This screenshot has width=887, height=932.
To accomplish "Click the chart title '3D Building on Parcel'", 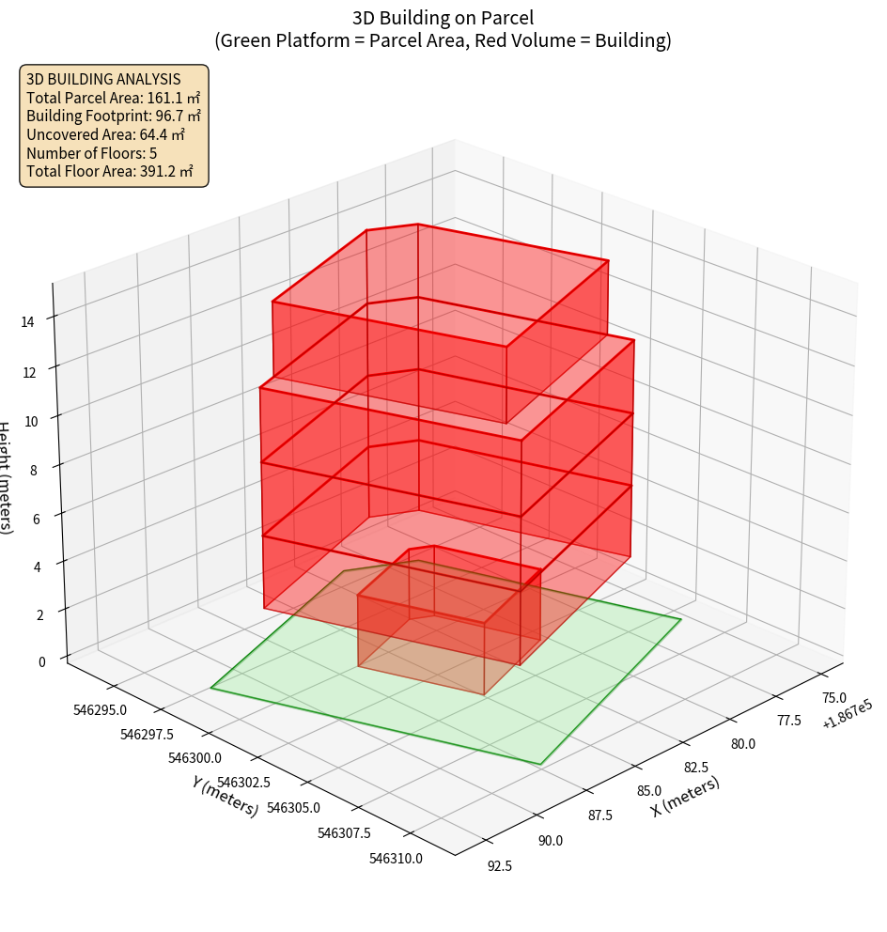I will [443, 18].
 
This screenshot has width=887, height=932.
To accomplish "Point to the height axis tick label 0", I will [40, 661].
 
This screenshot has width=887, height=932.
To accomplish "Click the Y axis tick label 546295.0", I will [99, 709].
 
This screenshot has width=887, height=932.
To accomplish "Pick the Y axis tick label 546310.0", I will [396, 858].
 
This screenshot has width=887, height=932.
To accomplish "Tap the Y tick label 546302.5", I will [243, 783].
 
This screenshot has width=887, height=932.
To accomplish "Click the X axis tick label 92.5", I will [500, 866].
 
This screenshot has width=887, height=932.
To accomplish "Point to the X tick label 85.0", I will [649, 792].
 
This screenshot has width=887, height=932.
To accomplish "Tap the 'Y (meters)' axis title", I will [225, 796].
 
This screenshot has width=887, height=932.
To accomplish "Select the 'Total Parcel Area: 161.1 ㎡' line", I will [114, 98].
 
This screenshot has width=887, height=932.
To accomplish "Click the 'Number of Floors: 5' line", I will [92, 153].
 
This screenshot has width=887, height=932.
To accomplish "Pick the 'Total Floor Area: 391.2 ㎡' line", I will [110, 172].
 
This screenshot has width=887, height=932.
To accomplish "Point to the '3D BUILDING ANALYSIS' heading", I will [103, 79].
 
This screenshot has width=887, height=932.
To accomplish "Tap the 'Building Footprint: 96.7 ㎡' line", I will [114, 116].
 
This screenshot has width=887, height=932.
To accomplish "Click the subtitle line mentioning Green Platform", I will [443, 40].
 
